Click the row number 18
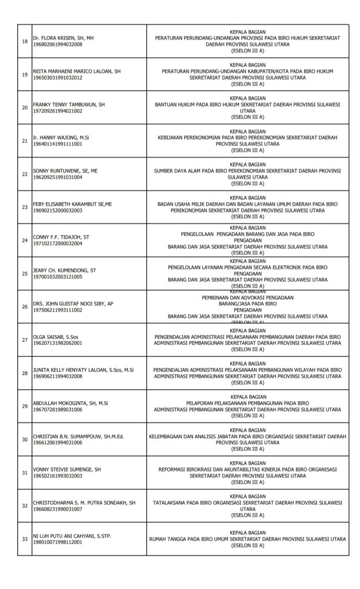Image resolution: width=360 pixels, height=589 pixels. coord(24,41)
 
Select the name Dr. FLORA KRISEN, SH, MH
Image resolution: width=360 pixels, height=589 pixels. coord(63,38)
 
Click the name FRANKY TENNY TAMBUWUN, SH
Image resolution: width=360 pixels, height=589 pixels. coord(69,105)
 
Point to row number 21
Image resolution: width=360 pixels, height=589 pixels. coord(24,140)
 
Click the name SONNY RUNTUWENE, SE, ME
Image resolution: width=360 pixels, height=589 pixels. coord(65,171)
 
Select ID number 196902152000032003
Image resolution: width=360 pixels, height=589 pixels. coord(58,211)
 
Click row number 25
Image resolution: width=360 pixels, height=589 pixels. coord(24,273)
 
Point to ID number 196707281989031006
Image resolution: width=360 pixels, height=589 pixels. coord(58,409)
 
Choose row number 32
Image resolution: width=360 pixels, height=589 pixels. coord(24,506)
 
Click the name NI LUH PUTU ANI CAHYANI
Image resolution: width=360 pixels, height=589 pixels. coord(73,536)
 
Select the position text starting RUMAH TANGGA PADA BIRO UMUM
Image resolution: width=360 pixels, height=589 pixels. coord(247,539)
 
